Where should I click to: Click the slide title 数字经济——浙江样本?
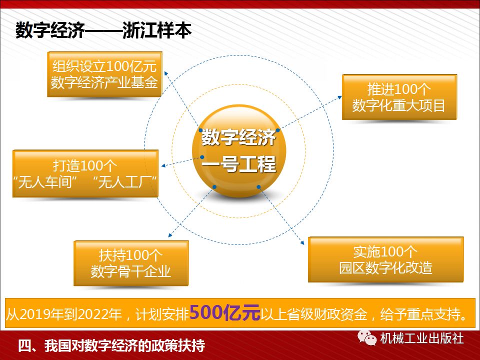(103, 31)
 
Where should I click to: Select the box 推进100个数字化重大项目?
(399, 97)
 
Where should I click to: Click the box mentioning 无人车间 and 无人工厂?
(85, 173)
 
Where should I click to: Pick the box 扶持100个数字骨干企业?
(131, 263)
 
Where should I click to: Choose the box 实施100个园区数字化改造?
(385, 259)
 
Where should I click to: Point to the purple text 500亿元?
(225, 313)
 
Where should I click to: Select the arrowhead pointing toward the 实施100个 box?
(304, 243)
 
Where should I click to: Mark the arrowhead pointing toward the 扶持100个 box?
(170, 236)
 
